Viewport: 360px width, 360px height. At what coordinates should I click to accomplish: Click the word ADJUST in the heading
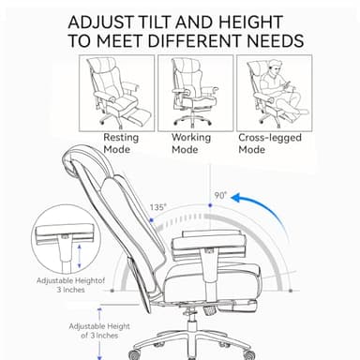coord(99,21)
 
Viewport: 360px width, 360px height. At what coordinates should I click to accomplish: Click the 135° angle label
coord(157,207)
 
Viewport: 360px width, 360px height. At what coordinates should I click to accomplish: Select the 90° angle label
coord(221,195)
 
